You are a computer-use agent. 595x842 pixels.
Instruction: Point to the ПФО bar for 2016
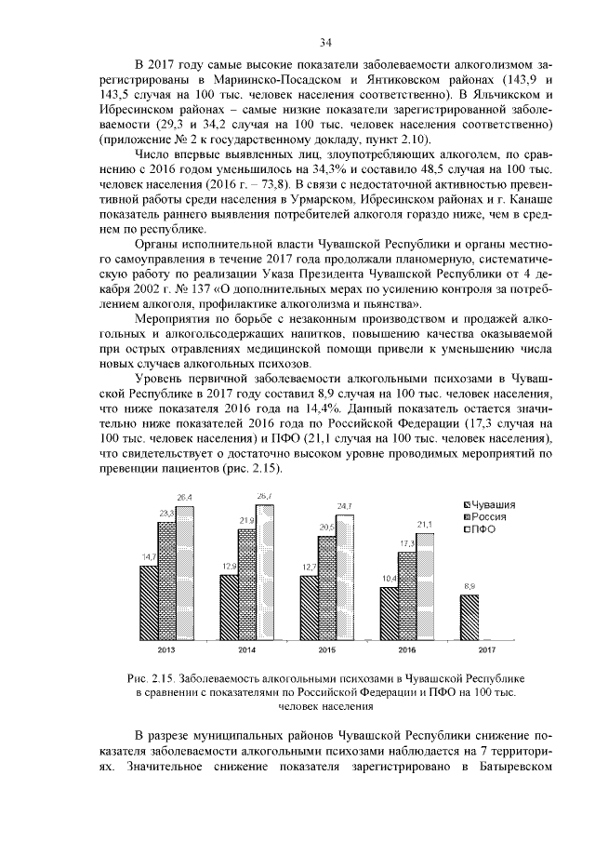point(425,585)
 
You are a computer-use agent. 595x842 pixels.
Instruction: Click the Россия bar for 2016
point(406,595)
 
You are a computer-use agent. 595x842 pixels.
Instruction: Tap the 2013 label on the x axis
point(168,649)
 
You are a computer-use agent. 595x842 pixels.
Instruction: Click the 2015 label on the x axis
point(326,649)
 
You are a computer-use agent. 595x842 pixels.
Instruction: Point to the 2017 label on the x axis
point(486,649)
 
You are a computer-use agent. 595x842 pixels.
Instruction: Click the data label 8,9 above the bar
point(469,586)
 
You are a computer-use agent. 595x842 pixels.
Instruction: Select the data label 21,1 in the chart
point(425,525)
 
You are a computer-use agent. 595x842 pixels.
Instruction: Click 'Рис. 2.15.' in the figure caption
point(152,678)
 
